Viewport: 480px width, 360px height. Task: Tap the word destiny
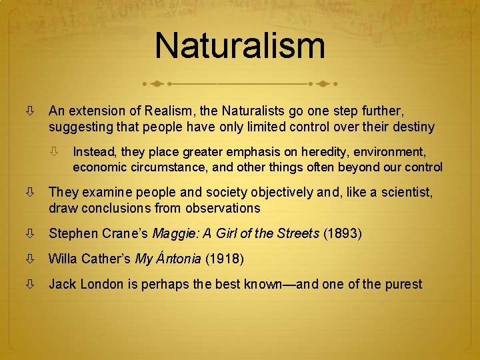coord(413,127)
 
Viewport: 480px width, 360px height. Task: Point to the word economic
coord(99,167)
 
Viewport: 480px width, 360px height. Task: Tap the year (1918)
coord(224,259)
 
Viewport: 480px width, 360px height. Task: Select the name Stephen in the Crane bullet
coord(73,233)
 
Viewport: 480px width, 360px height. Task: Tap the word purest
coord(401,284)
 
